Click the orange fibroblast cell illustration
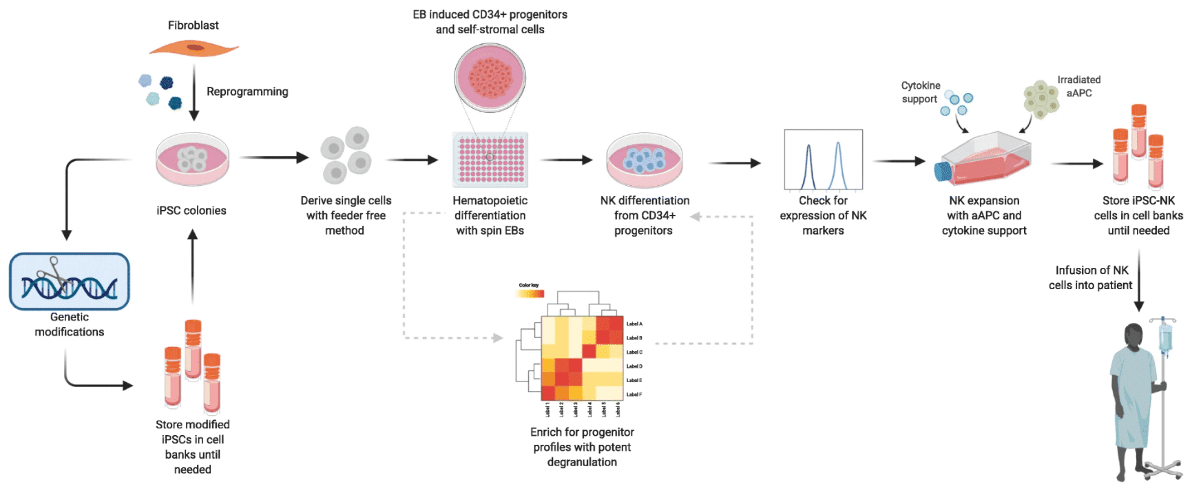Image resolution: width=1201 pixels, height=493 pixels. click(194, 48)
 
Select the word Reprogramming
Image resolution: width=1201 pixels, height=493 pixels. click(247, 92)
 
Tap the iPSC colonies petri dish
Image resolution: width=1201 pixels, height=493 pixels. click(192, 160)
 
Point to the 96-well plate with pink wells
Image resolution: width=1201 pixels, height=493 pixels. click(490, 160)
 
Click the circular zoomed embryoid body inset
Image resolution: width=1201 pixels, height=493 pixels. click(490, 78)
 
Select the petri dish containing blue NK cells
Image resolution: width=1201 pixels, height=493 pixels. click(644, 161)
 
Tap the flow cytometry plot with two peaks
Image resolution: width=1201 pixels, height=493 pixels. click(823, 160)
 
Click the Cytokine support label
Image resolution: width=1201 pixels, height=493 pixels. click(920, 92)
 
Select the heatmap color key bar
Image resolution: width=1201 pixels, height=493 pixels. click(530, 294)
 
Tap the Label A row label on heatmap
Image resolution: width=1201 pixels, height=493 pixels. click(634, 324)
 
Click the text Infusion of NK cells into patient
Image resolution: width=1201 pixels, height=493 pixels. click(1091, 277)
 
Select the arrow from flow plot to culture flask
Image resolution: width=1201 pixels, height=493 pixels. click(899, 161)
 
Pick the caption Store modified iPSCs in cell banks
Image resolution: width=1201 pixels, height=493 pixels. click(193, 447)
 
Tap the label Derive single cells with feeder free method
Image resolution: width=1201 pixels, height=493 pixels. click(346, 216)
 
